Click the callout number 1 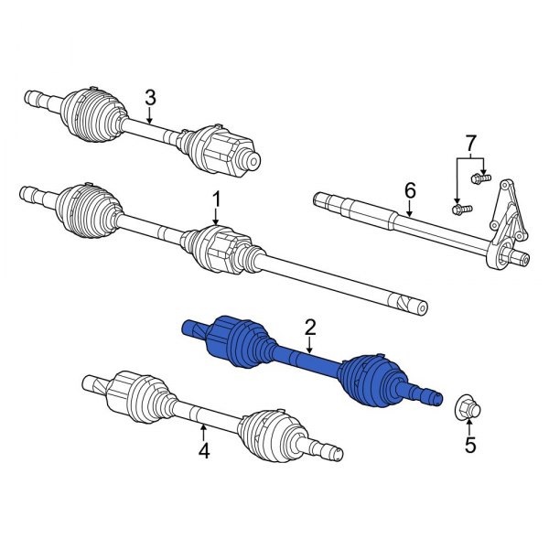[x=217, y=199]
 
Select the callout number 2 [x=310, y=326]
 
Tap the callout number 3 [x=151, y=97]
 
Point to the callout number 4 [x=204, y=450]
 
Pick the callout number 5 [x=471, y=447]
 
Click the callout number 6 [x=410, y=190]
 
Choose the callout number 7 [x=470, y=145]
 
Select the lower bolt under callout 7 [x=460, y=210]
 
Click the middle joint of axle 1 [x=220, y=249]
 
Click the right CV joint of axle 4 [x=270, y=433]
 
